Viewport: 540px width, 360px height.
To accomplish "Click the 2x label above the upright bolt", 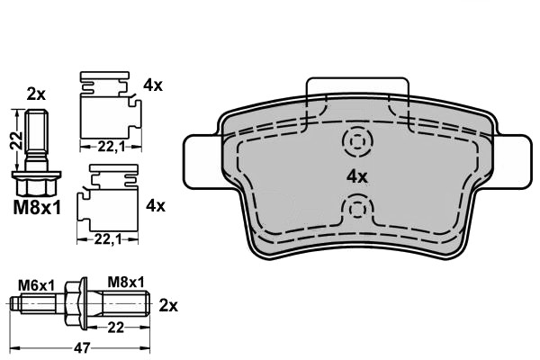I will (35, 93).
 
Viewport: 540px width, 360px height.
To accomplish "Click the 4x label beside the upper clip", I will (153, 86).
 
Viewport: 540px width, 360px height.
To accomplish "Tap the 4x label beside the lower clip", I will (155, 205).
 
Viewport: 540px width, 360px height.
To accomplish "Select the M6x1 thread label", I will (37, 284).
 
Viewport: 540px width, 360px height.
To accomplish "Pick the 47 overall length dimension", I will (81, 346).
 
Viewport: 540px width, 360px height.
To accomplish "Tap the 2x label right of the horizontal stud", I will (168, 305).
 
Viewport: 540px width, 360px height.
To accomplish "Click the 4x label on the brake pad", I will (358, 176).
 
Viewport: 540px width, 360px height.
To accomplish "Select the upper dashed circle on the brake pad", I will (358, 142).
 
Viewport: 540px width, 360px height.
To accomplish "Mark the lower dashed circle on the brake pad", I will (358, 211).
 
